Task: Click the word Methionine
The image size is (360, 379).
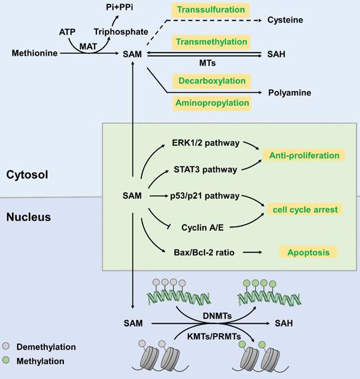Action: (34, 54)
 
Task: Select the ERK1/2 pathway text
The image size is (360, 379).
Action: (202, 143)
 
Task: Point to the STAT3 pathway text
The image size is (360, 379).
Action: (202, 169)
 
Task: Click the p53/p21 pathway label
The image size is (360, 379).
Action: (202, 195)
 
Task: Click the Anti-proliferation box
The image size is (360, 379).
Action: (304, 156)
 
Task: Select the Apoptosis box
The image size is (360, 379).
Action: (308, 252)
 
